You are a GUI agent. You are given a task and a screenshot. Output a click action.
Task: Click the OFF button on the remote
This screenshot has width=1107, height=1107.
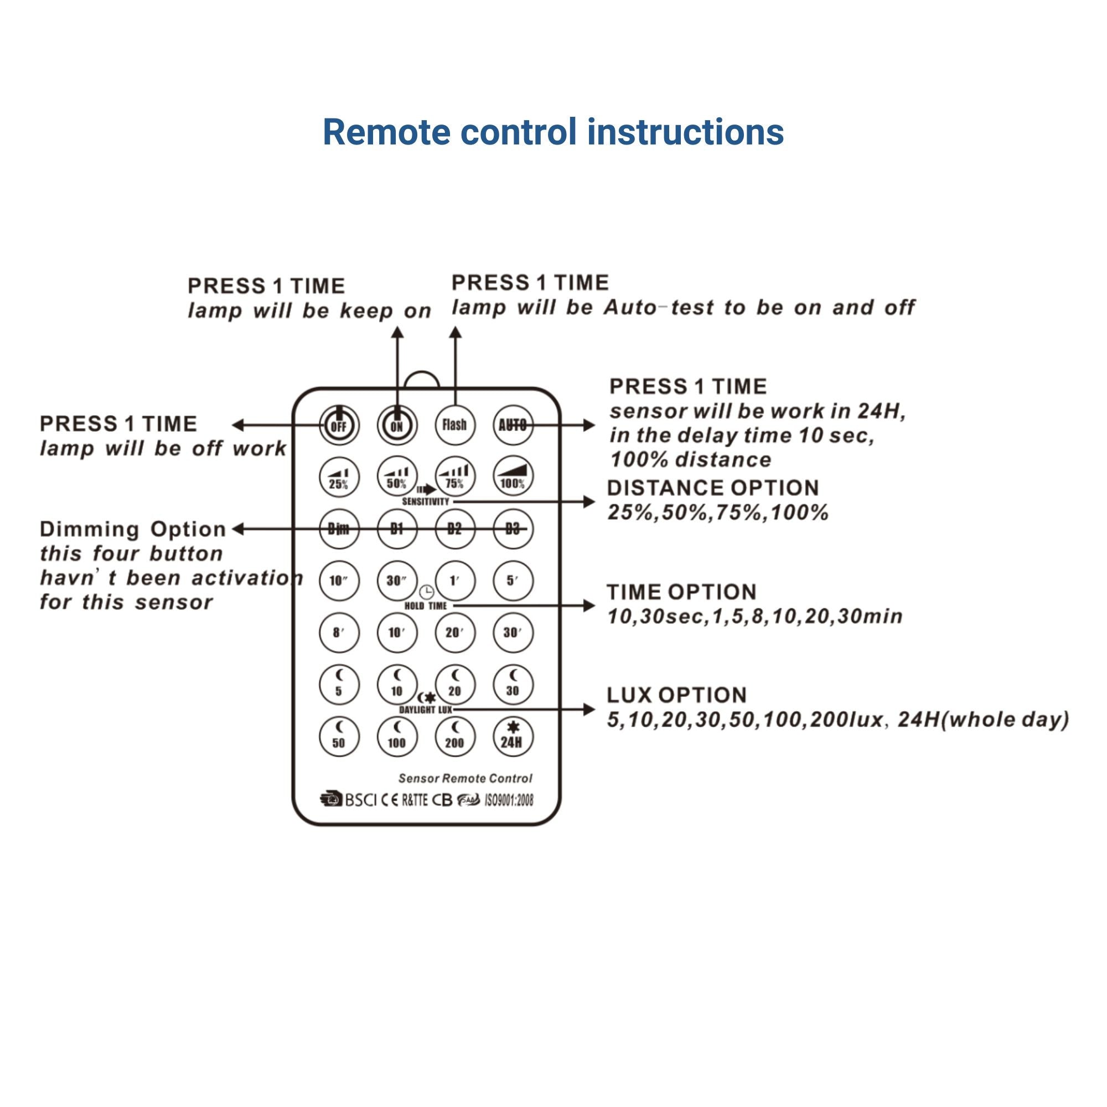[339, 425]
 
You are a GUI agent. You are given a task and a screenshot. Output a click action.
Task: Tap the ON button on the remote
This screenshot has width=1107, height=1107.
[396, 425]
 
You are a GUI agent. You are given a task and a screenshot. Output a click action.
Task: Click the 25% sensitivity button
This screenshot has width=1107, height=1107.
[339, 477]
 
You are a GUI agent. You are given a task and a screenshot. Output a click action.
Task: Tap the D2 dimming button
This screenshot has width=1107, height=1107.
[454, 529]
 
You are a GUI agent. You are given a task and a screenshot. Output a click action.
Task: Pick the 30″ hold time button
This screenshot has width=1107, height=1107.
[396, 581]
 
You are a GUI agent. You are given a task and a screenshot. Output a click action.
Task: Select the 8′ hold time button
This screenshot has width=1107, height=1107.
[339, 633]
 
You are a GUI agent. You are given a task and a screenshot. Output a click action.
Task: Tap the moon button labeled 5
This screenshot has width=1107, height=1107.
[339, 684]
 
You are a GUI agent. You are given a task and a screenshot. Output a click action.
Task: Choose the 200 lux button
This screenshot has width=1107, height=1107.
[454, 736]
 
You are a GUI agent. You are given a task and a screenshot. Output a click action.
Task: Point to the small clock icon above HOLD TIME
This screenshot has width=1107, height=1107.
[426, 592]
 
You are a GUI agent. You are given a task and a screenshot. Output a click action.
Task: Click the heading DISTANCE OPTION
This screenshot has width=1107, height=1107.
[713, 488]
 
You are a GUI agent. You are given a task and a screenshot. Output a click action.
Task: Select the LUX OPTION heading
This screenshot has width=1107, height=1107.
[677, 695]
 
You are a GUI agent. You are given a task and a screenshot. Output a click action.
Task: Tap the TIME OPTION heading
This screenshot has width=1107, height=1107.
[681, 592]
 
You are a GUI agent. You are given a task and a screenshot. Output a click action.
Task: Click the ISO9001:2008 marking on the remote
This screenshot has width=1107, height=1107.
[509, 800]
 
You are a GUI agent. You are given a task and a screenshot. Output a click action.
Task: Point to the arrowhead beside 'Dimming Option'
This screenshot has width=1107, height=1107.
[238, 529]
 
